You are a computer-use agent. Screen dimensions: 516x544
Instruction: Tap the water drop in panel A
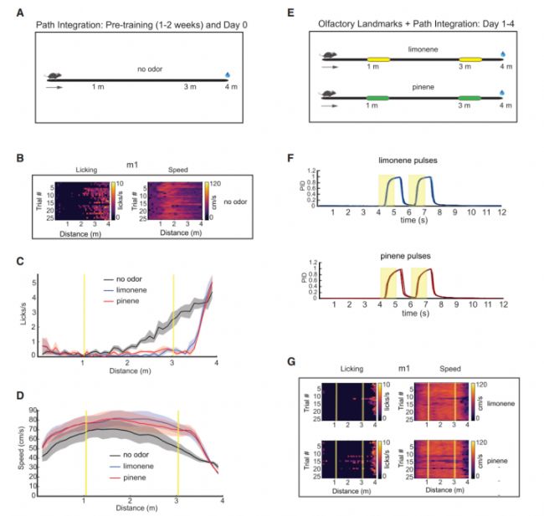pyautogui.click(x=228, y=75)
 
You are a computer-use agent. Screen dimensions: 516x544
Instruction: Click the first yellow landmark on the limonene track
pyautogui.click(x=371, y=59)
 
